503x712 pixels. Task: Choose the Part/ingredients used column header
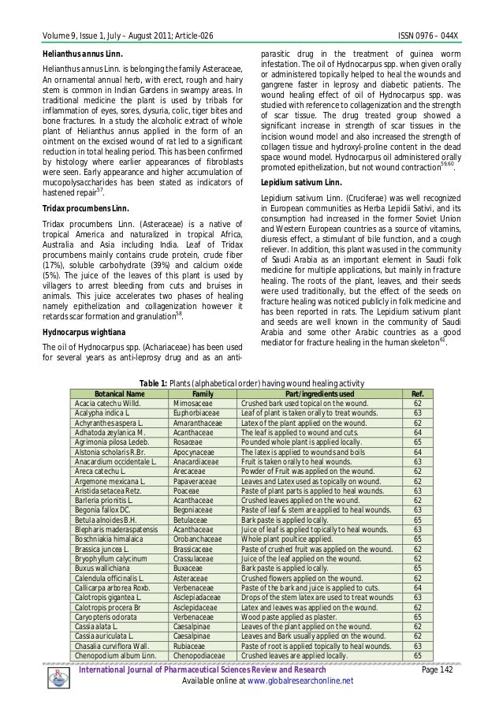tap(319, 393)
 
